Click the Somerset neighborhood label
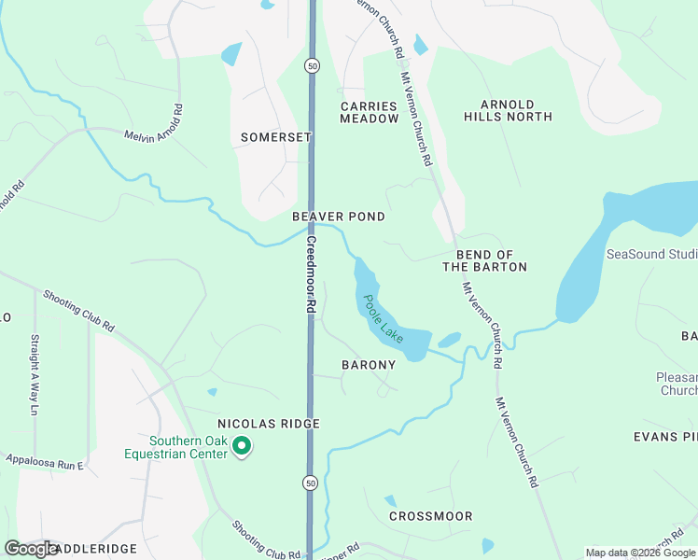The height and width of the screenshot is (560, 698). pos(275,137)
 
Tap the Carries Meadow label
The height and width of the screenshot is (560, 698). pos(369,113)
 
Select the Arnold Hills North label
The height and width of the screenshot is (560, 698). pos(509,111)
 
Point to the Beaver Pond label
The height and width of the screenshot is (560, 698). pos(339,217)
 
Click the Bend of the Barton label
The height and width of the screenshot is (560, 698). pos(484,261)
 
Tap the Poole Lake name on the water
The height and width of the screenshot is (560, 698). pos(384,318)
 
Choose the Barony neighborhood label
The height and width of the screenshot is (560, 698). pos(369,365)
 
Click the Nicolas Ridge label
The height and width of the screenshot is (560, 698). pos(269,424)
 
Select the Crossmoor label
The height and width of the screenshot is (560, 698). pos(430,516)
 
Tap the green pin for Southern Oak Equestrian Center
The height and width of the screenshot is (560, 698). pos(243,447)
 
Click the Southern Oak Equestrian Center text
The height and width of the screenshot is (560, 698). pos(176,447)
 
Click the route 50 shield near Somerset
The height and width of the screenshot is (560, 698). pos(312,65)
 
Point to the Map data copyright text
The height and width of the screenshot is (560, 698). pos(639,553)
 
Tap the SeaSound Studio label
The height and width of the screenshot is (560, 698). pos(651,254)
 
